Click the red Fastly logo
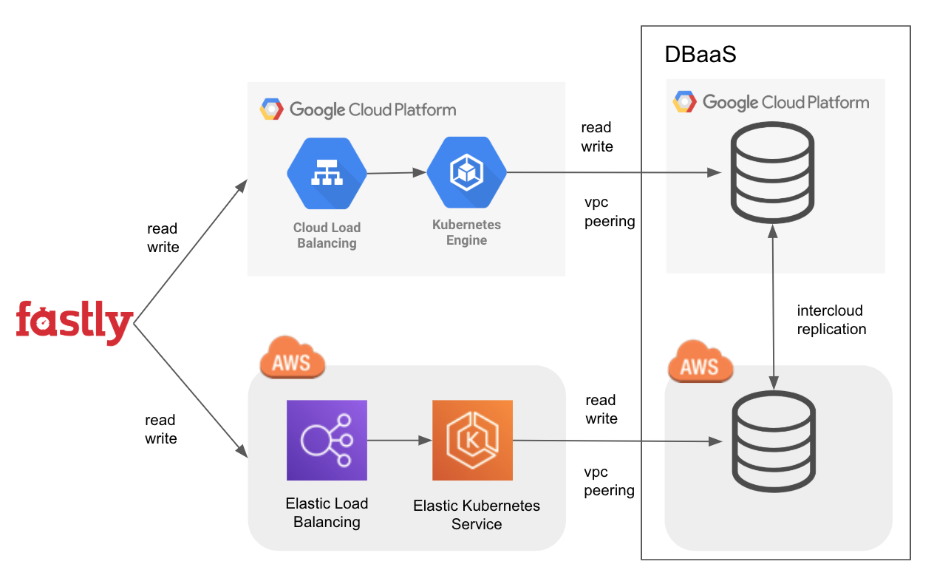(74, 322)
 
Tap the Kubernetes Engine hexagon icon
(466, 173)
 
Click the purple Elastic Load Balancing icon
(327, 441)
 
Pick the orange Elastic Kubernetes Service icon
(472, 441)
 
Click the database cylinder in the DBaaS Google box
(773, 171)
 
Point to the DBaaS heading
(700, 55)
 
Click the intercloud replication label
(831, 320)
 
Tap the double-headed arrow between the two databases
(773, 310)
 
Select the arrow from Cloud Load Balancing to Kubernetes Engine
(397, 174)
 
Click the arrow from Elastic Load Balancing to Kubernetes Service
(399, 441)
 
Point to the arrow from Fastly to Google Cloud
(189, 251)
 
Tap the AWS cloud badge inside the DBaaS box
(699, 361)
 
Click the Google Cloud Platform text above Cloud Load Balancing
(372, 110)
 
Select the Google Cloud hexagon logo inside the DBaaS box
(684, 102)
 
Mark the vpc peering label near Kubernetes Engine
(609, 211)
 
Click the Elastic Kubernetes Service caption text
(477, 515)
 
